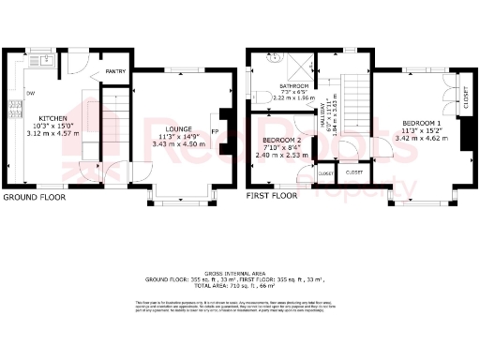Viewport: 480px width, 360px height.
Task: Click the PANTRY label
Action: coord(116,71)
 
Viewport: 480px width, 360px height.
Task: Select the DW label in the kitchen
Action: coord(31,92)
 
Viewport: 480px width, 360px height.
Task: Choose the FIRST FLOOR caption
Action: coord(271,196)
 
